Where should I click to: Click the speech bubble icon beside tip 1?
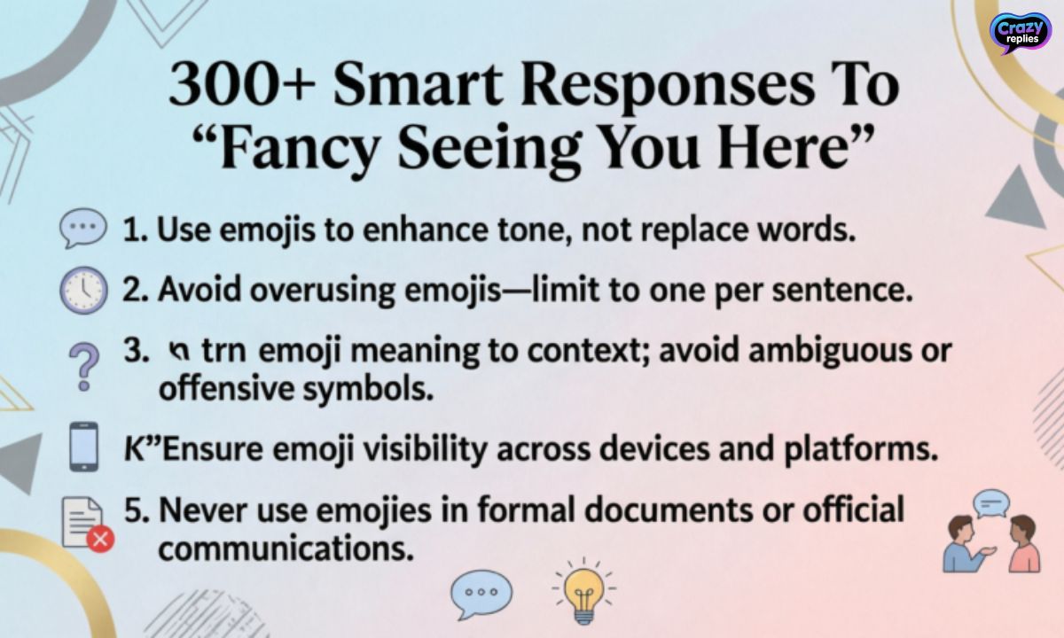82,230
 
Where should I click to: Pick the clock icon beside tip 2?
83,291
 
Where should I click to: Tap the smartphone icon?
83,448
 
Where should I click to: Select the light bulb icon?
583,591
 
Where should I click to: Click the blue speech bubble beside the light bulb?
481,593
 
